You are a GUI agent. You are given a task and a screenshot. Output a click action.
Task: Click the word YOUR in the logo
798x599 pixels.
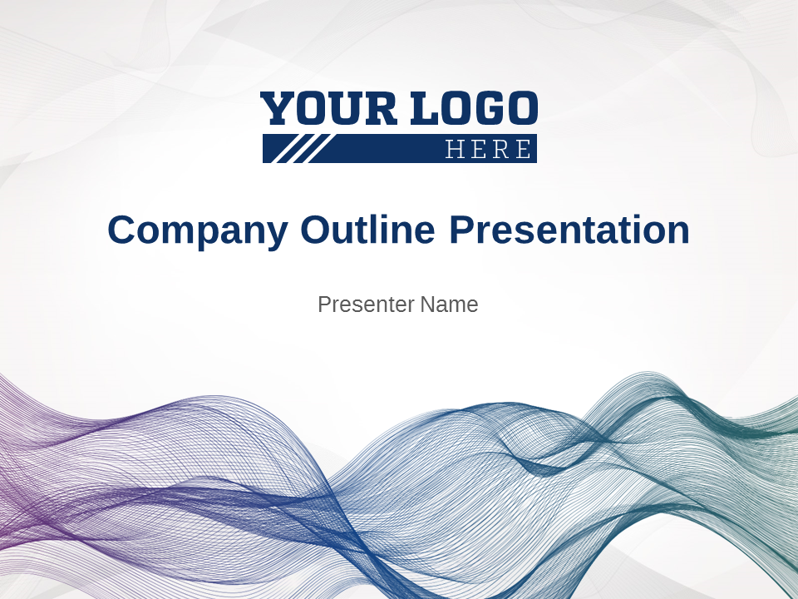[328, 108]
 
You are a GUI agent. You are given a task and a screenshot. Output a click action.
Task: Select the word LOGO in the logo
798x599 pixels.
[475, 108]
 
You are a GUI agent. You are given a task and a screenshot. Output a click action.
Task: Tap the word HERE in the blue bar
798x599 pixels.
[488, 149]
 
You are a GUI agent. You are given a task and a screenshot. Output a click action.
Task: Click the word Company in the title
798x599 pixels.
[198, 230]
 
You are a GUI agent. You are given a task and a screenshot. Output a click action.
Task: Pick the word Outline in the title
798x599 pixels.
[368, 229]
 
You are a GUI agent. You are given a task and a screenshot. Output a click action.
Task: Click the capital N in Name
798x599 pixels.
[428, 304]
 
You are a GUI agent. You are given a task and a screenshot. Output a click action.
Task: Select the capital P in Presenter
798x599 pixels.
[324, 304]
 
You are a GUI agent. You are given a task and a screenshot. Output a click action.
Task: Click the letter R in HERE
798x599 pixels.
[501, 149]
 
